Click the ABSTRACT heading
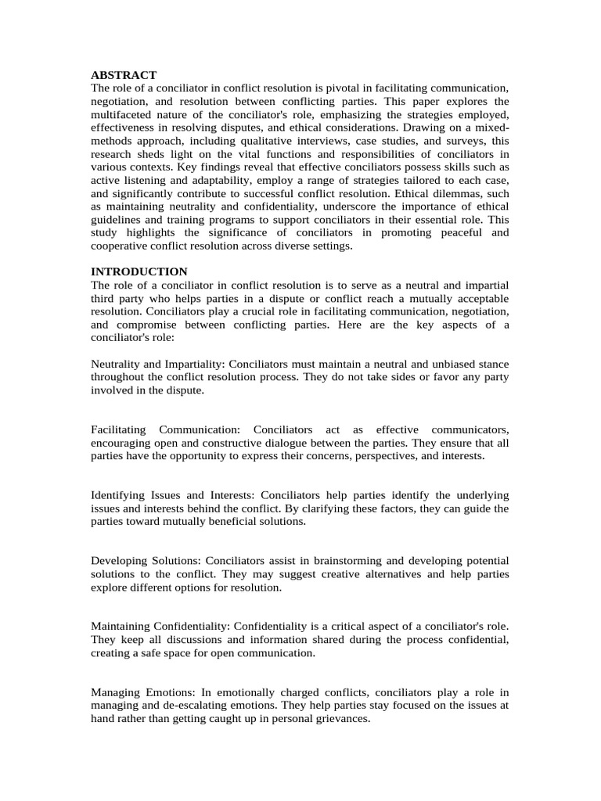(x=124, y=75)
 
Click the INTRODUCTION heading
(x=139, y=271)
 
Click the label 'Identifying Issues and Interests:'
(x=174, y=495)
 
